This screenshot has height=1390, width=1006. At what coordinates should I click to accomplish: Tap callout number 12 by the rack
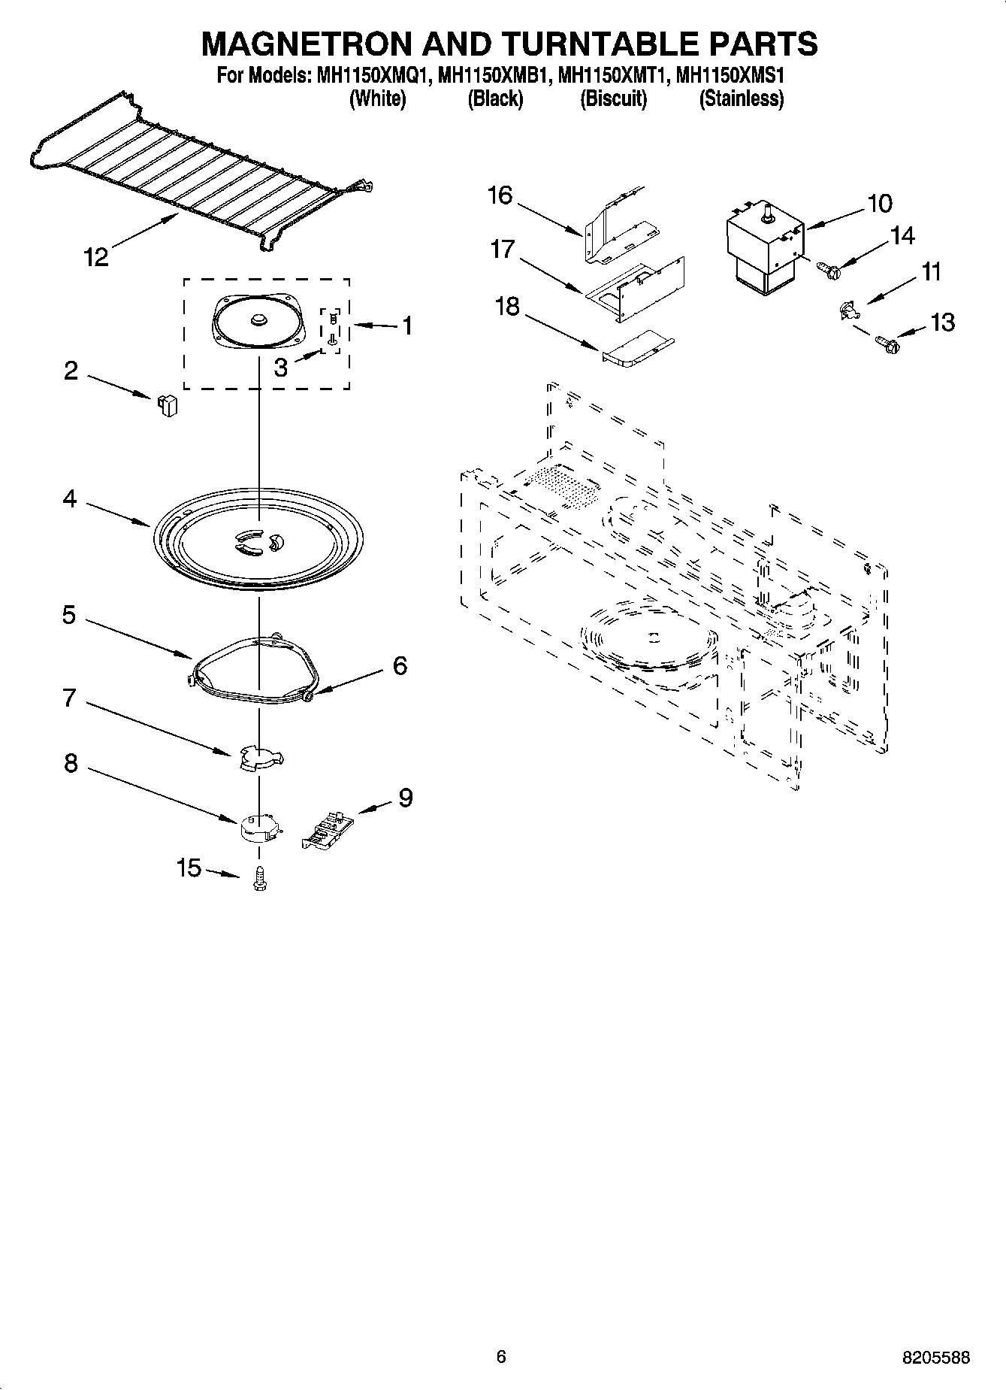point(96,258)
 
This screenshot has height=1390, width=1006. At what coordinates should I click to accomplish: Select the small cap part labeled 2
point(168,405)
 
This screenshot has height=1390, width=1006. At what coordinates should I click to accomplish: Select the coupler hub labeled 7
point(258,758)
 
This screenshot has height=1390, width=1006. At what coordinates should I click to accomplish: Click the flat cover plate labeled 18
point(637,350)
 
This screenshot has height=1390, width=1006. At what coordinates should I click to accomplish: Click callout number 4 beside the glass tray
point(69,498)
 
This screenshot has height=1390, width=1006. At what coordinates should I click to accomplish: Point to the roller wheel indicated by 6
point(310,698)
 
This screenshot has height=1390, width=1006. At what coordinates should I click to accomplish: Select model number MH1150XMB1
point(494,76)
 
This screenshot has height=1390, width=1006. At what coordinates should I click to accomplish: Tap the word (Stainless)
point(741,99)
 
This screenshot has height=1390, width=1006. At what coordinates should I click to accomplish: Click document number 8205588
point(935,1358)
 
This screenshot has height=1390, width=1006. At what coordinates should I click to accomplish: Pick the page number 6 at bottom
point(501,1356)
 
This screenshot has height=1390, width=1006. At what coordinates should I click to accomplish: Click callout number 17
point(503,250)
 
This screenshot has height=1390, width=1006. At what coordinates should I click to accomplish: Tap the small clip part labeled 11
point(847,309)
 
